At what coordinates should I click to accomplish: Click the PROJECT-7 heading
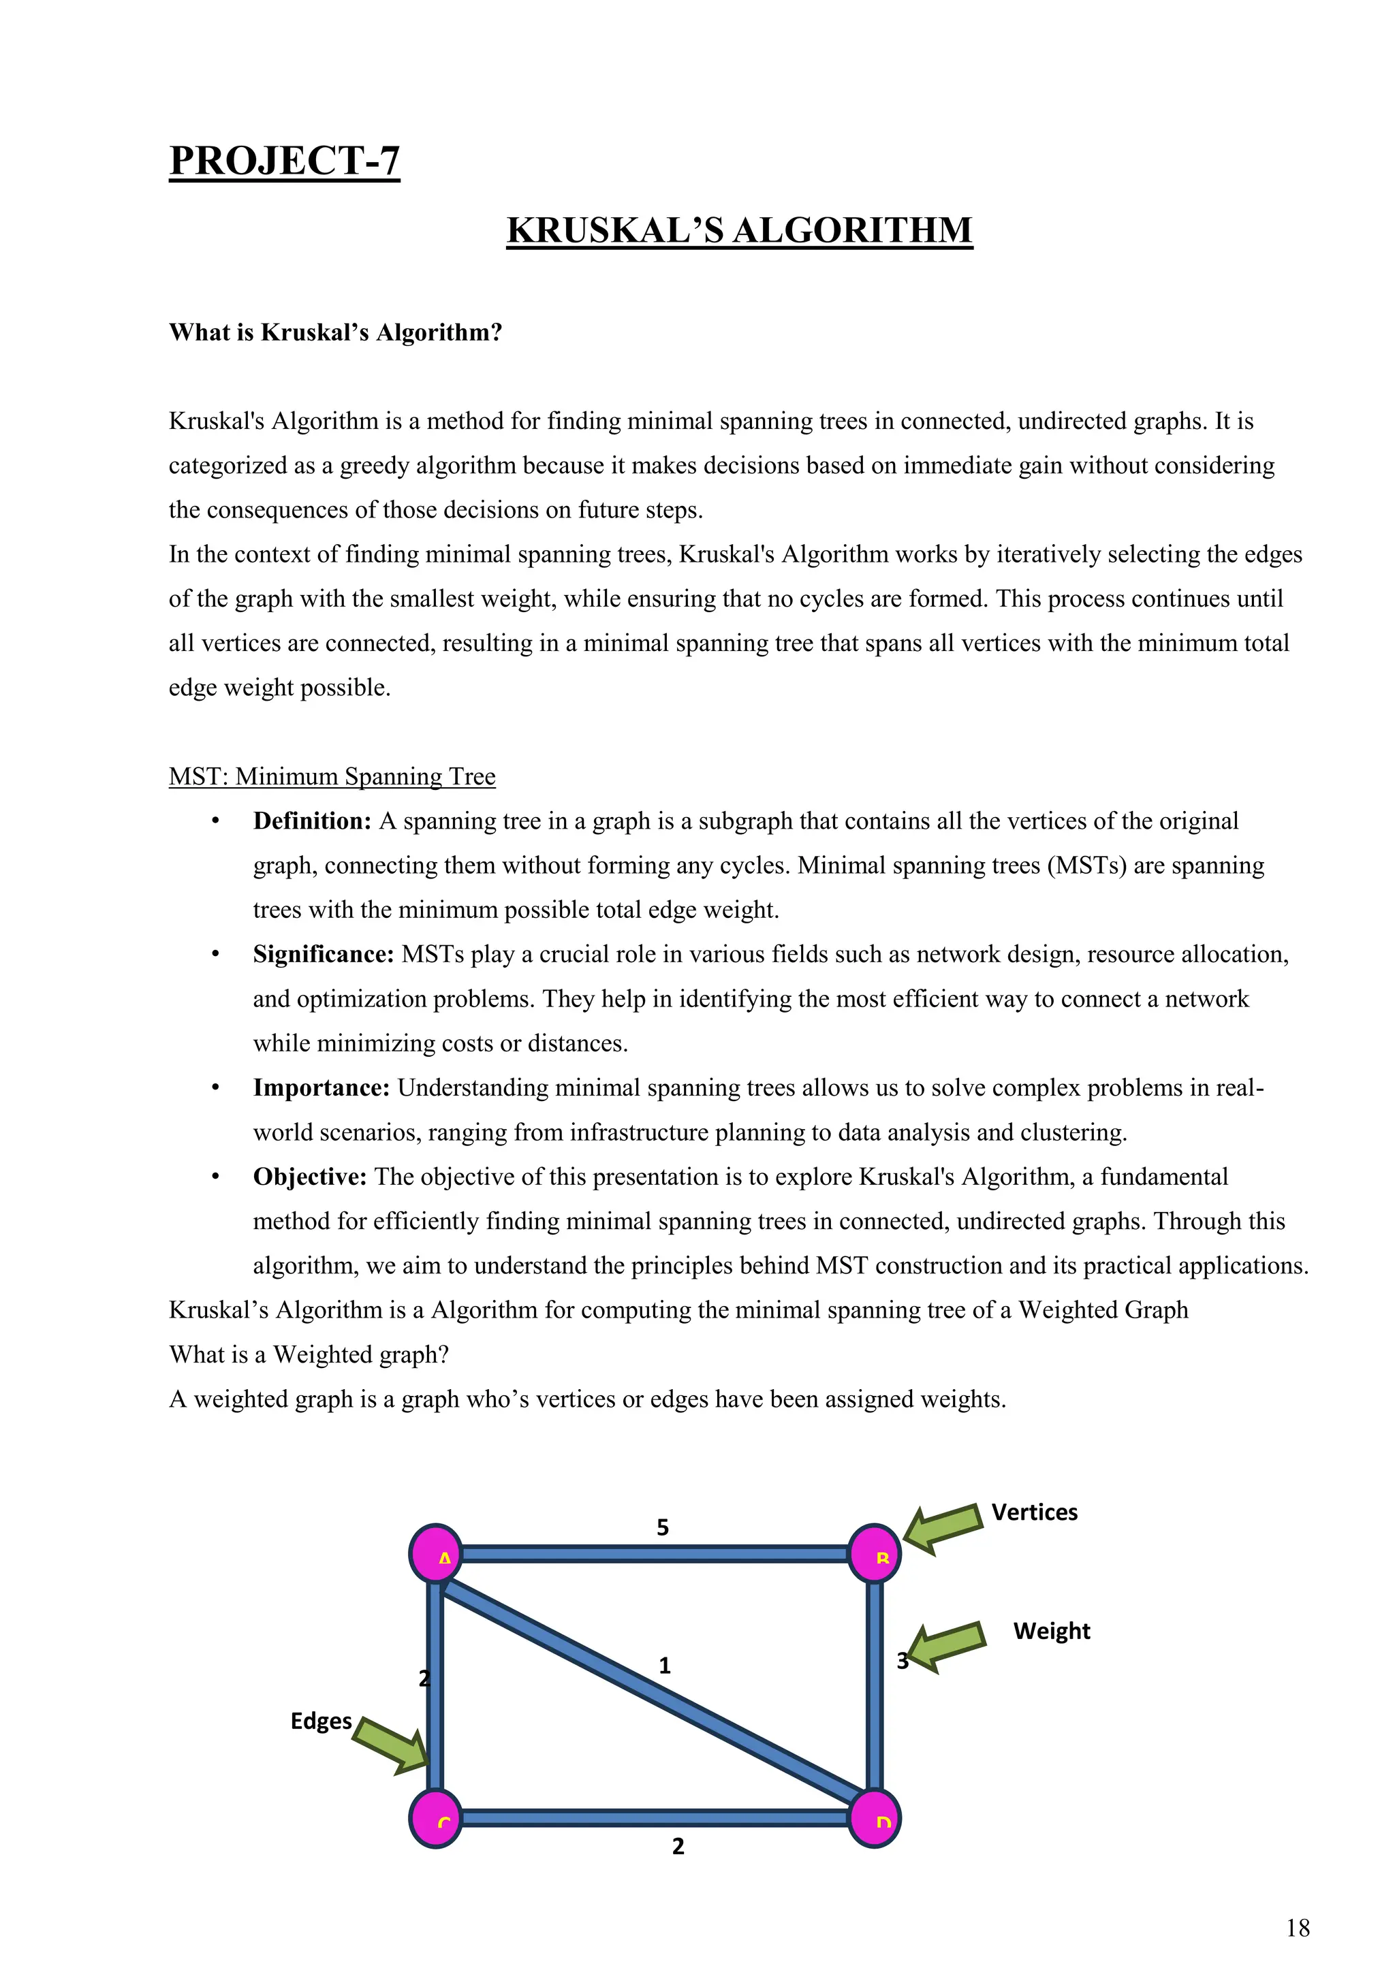[284, 161]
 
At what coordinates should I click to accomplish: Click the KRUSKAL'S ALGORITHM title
[740, 230]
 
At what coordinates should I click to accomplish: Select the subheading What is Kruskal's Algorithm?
[335, 332]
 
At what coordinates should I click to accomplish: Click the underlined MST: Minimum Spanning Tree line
[332, 776]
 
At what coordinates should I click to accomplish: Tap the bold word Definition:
[312, 821]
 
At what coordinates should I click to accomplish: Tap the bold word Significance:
[323, 954]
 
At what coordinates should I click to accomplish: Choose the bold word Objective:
[309, 1177]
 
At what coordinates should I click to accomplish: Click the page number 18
[1297, 1928]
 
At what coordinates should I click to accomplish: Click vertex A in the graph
[437, 1554]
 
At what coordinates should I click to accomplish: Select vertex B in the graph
[875, 1554]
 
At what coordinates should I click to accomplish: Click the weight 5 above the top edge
[662, 1527]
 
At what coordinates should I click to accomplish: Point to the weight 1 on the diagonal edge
[664, 1666]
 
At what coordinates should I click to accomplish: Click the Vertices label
[1034, 1512]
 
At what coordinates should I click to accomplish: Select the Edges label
[322, 1721]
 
